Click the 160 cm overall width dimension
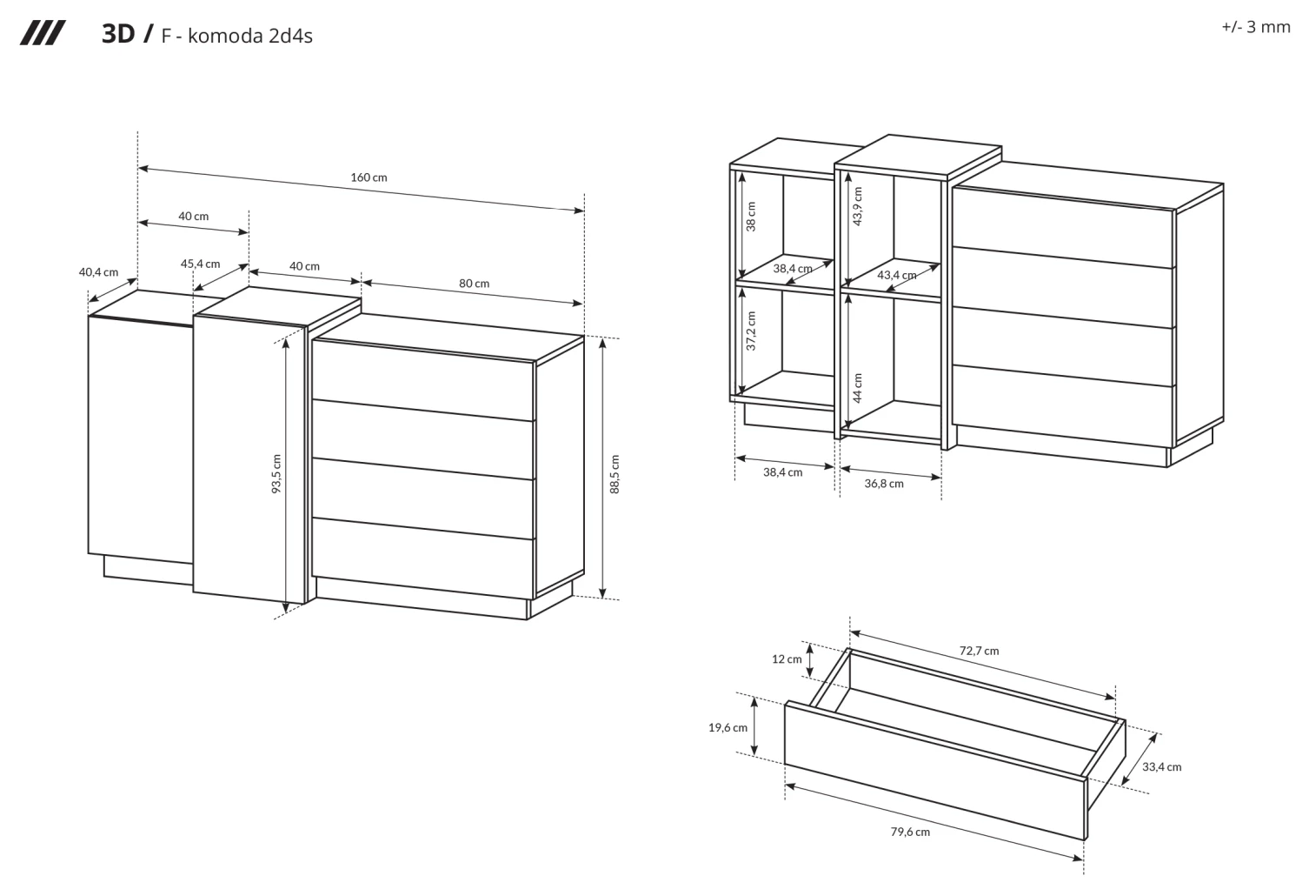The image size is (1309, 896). (x=369, y=177)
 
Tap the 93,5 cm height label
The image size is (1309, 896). (x=277, y=474)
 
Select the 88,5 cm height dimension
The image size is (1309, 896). (x=615, y=474)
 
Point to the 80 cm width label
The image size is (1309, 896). (x=474, y=284)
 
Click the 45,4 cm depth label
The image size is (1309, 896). (x=201, y=264)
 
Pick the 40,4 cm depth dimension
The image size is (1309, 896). (x=99, y=272)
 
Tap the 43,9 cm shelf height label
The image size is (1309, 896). (x=857, y=206)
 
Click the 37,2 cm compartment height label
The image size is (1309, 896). (x=752, y=331)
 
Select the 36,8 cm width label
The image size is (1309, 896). (x=884, y=484)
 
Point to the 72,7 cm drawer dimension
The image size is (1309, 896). (x=980, y=651)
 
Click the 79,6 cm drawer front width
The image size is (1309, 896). (x=910, y=832)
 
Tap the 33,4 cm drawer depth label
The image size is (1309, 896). (x=1162, y=766)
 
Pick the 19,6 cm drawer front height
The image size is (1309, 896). (x=728, y=727)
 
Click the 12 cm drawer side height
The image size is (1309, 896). (x=787, y=659)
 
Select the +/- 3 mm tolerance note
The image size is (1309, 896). (x=1256, y=27)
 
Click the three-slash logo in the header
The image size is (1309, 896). (x=43, y=33)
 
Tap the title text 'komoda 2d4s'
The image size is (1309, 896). (x=250, y=36)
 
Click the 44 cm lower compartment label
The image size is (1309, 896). (x=857, y=388)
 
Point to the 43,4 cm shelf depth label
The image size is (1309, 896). (x=897, y=275)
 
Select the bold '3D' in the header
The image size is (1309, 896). (x=118, y=34)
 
